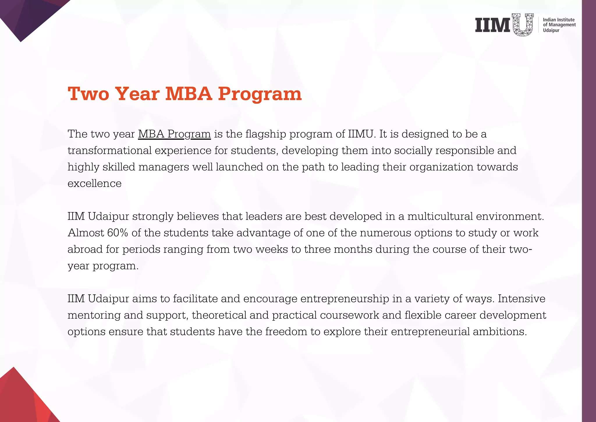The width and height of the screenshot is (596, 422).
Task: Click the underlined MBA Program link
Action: pyautogui.click(x=174, y=134)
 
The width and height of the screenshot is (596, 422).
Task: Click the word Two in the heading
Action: pyautogui.click(x=88, y=94)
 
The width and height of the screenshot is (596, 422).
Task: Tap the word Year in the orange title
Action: pyautogui.click(x=137, y=94)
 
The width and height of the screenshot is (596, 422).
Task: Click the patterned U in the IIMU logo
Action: pyautogui.click(x=523, y=25)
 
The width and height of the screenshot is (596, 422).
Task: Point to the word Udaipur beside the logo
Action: pyautogui.click(x=551, y=30)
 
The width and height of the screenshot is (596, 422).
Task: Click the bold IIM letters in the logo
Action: pyautogui.click(x=493, y=25)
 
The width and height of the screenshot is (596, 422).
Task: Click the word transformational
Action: pyautogui.click(x=109, y=151)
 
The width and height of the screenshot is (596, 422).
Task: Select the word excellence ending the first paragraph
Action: pyautogui.click(x=95, y=183)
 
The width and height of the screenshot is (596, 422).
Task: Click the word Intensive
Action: pyautogui.click(x=521, y=299)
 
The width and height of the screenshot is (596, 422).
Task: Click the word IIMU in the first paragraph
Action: pyautogui.click(x=360, y=134)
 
